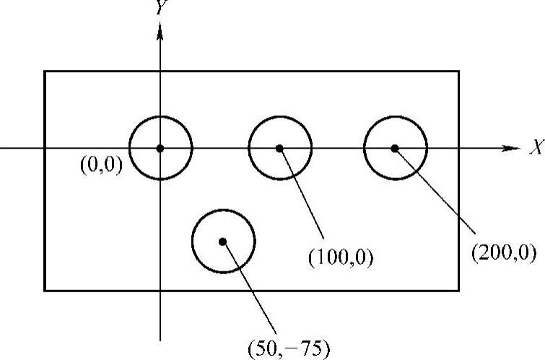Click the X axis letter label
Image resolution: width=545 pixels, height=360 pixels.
pyautogui.click(x=535, y=149)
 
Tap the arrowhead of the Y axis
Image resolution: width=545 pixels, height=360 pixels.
pyautogui.click(x=160, y=29)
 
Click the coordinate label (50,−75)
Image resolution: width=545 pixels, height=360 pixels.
pyautogui.click(x=288, y=350)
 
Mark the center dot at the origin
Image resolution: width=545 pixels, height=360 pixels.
pyautogui.click(x=160, y=148)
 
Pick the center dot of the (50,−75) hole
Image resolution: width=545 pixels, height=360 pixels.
pyautogui.click(x=223, y=241)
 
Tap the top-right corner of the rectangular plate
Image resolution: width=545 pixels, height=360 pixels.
pyautogui.click(x=459, y=71)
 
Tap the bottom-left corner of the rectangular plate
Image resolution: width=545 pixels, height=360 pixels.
pyautogui.click(x=45, y=291)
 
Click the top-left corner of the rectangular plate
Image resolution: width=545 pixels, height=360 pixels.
pyautogui.click(x=45, y=71)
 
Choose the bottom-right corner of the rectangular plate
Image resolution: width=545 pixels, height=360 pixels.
pyautogui.click(x=459, y=291)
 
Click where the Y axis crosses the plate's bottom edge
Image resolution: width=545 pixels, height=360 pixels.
pyautogui.click(x=160, y=291)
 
